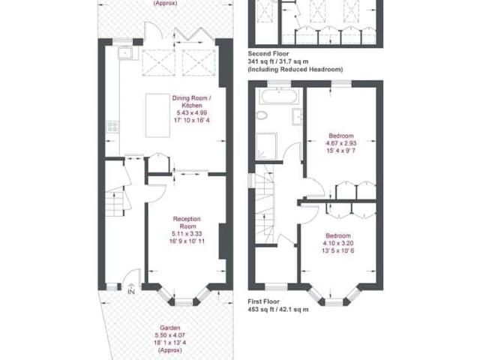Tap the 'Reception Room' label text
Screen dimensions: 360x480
tap(185, 222)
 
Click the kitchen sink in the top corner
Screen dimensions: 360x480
tap(124, 54)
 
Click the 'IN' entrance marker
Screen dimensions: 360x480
tap(131, 292)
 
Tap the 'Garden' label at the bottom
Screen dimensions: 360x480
tap(167, 327)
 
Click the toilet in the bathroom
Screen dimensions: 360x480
tap(262, 116)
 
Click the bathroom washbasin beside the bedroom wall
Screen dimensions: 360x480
tap(298, 115)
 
